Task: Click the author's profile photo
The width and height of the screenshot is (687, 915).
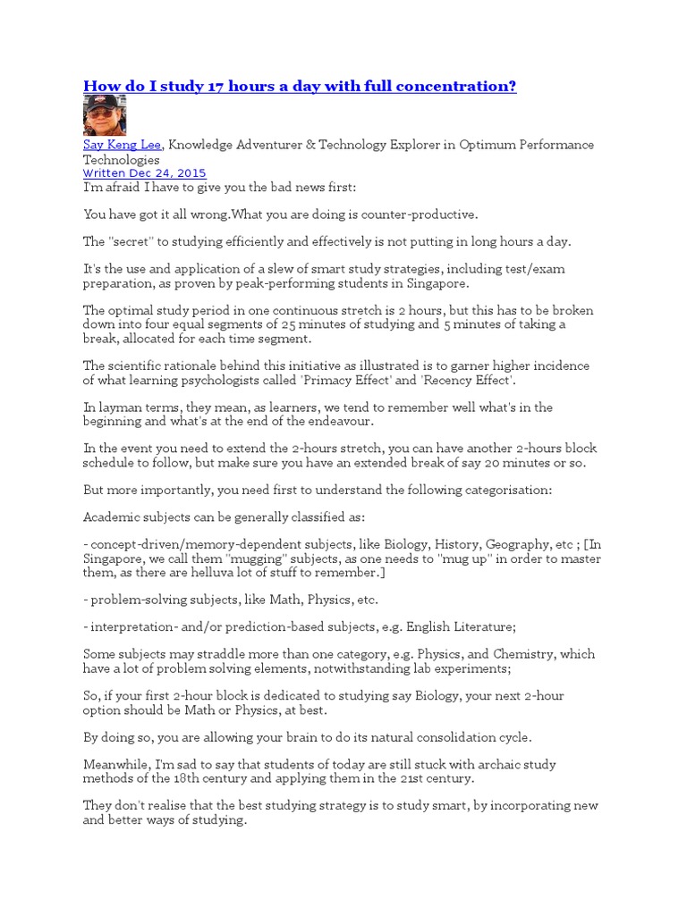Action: click(x=105, y=115)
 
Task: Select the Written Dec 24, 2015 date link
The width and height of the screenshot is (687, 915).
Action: click(x=144, y=173)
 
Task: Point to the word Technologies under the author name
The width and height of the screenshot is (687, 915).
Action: click(x=122, y=159)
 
